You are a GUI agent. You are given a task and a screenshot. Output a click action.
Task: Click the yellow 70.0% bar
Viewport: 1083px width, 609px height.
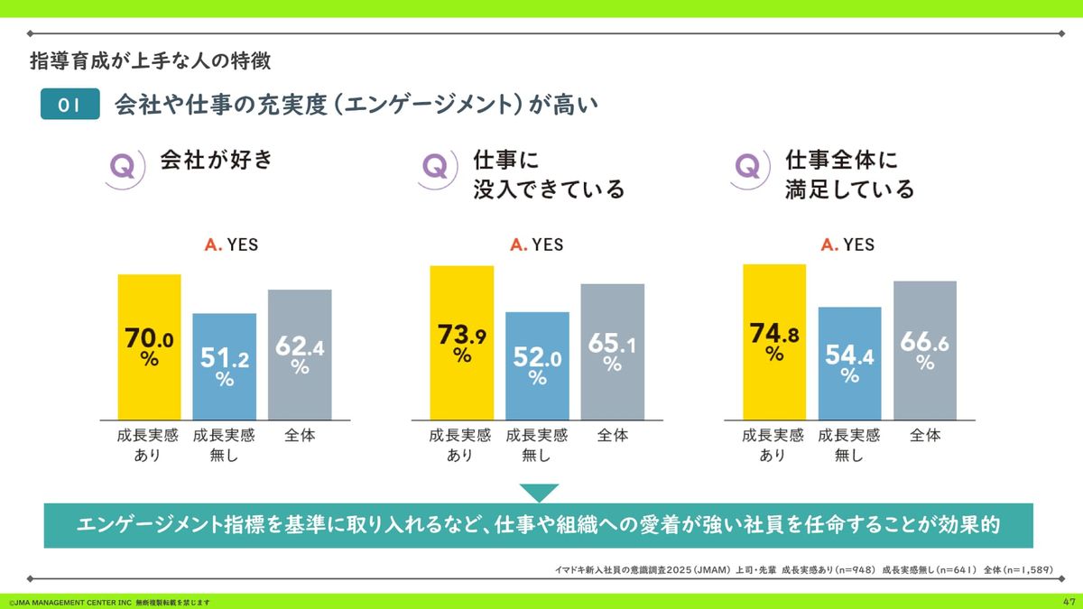point(149,346)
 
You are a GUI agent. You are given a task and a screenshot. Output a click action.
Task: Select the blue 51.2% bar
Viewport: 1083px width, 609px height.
point(225,366)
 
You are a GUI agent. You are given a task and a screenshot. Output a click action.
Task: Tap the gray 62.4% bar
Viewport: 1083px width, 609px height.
point(300,355)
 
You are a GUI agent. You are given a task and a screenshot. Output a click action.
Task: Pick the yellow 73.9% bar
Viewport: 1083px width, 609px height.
point(462,343)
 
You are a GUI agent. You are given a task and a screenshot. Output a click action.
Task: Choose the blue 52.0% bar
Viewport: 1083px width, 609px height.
point(537,365)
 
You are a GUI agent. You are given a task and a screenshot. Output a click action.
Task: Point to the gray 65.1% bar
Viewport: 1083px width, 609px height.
point(613,352)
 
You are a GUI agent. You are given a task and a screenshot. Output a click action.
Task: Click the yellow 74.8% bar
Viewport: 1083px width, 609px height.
point(774,342)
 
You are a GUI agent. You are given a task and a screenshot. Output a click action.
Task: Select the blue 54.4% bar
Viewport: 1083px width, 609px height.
point(849,363)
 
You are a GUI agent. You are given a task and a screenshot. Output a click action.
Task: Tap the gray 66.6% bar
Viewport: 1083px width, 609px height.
point(925,350)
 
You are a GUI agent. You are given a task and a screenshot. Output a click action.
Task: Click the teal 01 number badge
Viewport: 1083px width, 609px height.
point(69,106)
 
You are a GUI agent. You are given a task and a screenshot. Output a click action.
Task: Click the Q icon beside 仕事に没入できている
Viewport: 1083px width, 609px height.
point(435,168)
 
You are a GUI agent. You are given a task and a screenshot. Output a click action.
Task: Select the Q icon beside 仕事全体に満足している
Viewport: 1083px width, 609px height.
point(748,168)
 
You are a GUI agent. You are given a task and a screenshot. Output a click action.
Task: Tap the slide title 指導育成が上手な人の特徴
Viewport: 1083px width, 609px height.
point(150,61)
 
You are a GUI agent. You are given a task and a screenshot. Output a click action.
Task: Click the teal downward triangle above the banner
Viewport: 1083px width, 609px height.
point(539,493)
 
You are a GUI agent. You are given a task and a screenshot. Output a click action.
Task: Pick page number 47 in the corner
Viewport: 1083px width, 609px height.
point(1069,602)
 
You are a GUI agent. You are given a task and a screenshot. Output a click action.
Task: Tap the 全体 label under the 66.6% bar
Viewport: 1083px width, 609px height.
point(925,435)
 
